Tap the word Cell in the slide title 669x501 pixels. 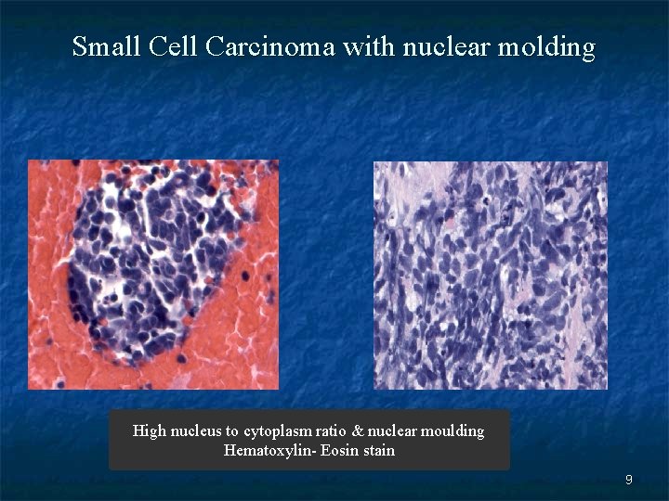tap(172, 45)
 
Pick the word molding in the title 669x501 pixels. tap(546, 46)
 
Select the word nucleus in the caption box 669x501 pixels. tap(196, 430)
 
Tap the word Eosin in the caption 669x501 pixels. tap(338, 451)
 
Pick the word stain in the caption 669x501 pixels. tap(378, 451)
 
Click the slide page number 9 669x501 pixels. tap(629, 480)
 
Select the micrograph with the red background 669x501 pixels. tap(152, 274)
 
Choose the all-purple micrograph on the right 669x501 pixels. tap(491, 275)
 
